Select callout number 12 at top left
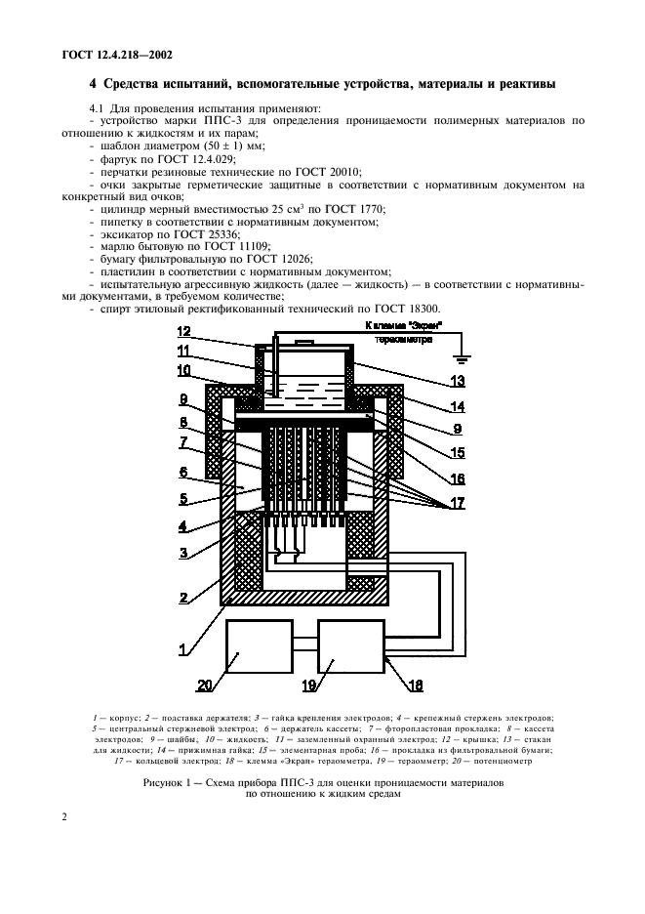(187, 332)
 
